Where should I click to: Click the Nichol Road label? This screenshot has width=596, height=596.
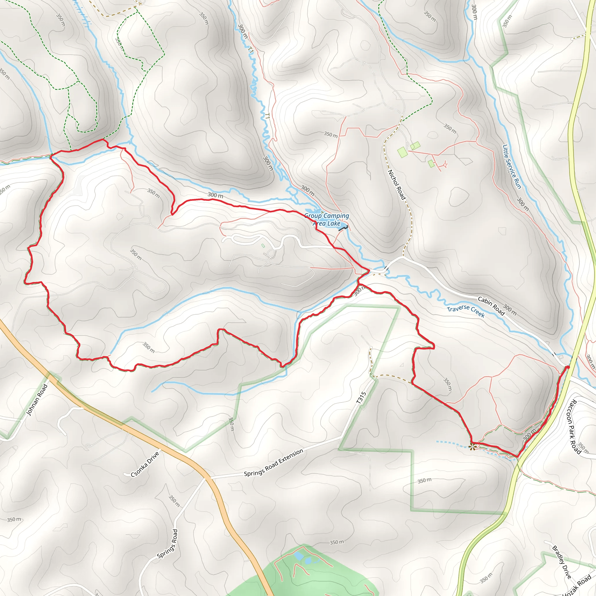click(x=397, y=185)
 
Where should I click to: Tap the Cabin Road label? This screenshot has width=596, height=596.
click(x=491, y=306)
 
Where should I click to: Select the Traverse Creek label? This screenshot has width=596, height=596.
click(x=466, y=312)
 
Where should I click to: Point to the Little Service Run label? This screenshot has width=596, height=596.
click(x=512, y=166)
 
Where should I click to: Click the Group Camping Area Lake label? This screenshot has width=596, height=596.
click(x=327, y=220)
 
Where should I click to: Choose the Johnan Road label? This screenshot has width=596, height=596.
click(x=37, y=400)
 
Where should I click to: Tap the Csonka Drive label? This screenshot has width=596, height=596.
click(x=145, y=464)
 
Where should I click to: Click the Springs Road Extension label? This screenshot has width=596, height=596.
click(x=274, y=462)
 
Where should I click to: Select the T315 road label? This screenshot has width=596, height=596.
click(x=361, y=398)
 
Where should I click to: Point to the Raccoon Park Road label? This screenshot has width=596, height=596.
click(x=574, y=427)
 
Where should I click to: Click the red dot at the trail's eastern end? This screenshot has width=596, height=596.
click(x=567, y=367)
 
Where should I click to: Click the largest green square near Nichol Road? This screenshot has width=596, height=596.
click(x=402, y=152)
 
